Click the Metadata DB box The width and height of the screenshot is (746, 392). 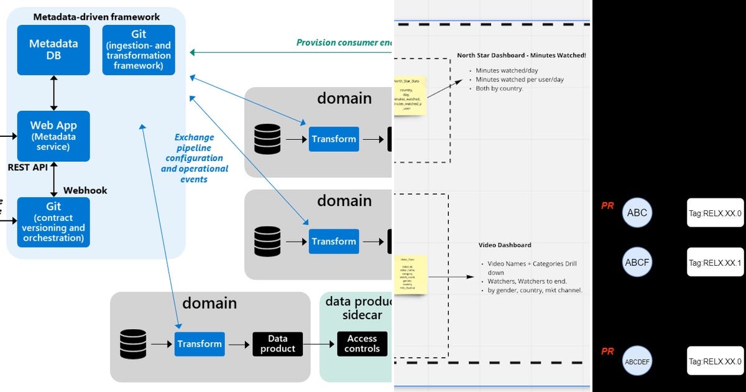pyautogui.click(x=53, y=50)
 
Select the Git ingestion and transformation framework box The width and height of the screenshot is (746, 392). pyautogui.click(x=139, y=50)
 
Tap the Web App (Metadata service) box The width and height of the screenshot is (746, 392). pyautogui.click(x=53, y=136)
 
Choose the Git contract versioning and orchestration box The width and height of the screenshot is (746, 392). pyautogui.click(x=53, y=222)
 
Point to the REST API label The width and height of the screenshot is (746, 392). pyautogui.click(x=27, y=167)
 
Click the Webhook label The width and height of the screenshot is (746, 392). pyautogui.click(x=85, y=190)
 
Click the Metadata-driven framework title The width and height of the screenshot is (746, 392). pyautogui.click(x=96, y=17)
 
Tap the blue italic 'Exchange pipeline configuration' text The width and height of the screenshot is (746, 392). pyautogui.click(x=195, y=158)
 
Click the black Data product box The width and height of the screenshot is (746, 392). pyautogui.click(x=277, y=343)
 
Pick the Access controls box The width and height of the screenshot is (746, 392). pyautogui.click(x=362, y=343)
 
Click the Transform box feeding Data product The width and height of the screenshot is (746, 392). pyautogui.click(x=199, y=343)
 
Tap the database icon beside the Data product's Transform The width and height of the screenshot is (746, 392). pyautogui.click(x=133, y=344)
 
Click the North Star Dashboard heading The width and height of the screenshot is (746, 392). pyautogui.click(x=521, y=55)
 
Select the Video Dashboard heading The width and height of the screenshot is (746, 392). pyautogui.click(x=505, y=245)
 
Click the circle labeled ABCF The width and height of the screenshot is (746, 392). pyautogui.click(x=637, y=263)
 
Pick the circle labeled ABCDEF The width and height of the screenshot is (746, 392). pyautogui.click(x=637, y=361)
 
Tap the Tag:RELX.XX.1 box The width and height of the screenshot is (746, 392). pyautogui.click(x=715, y=263)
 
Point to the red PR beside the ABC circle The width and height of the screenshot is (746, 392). pyautogui.click(x=607, y=205)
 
